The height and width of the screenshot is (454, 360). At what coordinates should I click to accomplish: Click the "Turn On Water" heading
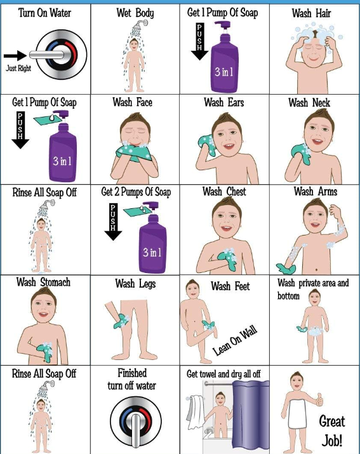tap(45, 13)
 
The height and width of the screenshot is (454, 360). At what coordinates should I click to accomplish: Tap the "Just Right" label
tap(20, 68)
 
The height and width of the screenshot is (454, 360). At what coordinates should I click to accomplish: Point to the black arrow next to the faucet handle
tap(15, 55)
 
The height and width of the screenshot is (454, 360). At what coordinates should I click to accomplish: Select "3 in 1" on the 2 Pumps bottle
tap(152, 252)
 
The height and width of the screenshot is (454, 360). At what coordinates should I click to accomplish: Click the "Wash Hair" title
tap(311, 13)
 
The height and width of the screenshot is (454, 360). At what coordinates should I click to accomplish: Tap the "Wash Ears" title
tap(223, 102)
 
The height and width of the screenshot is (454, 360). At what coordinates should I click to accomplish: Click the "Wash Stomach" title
tap(43, 282)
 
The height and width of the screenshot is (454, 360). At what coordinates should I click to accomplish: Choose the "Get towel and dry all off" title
tap(224, 374)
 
